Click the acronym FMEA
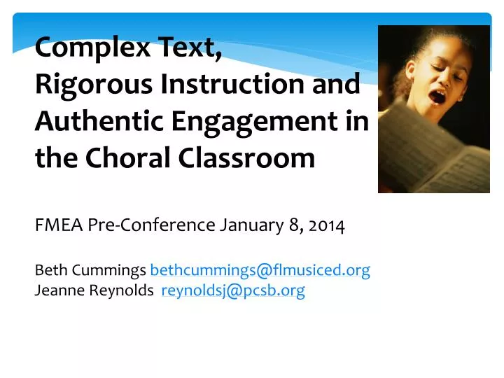tap(59, 225)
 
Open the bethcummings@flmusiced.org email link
tap(260, 270)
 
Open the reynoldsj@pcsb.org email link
tap(233, 291)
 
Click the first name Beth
tap(48, 270)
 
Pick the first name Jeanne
tap(57, 291)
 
